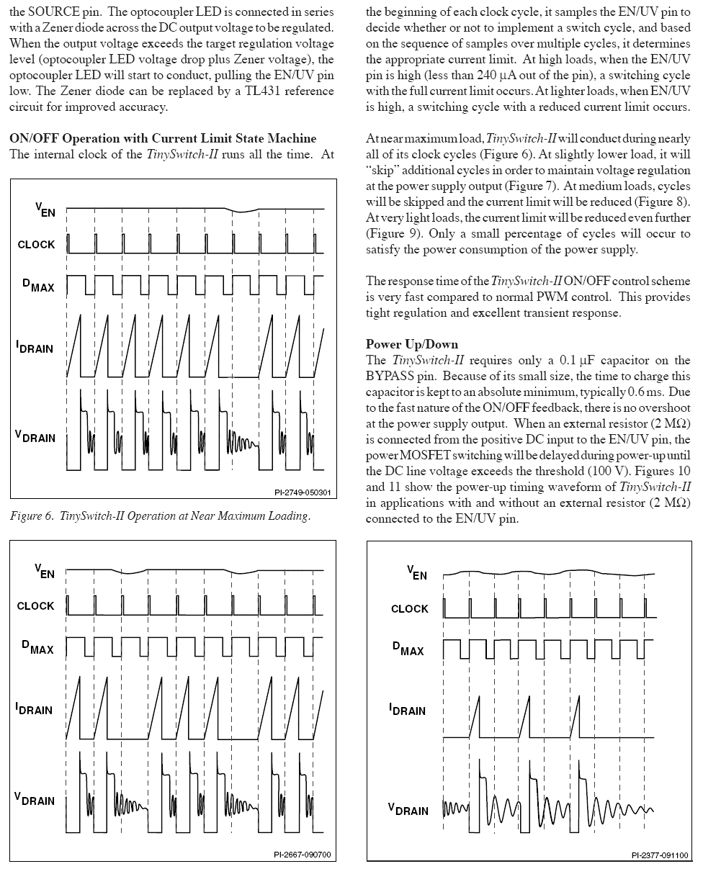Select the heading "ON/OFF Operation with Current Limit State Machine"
162,138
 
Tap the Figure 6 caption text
160,516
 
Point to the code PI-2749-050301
302,492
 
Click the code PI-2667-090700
302,855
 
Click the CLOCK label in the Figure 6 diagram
36,245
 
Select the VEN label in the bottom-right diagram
417,573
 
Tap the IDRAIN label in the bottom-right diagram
407,711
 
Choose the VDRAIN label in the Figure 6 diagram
35,436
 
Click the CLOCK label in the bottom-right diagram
409,609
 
